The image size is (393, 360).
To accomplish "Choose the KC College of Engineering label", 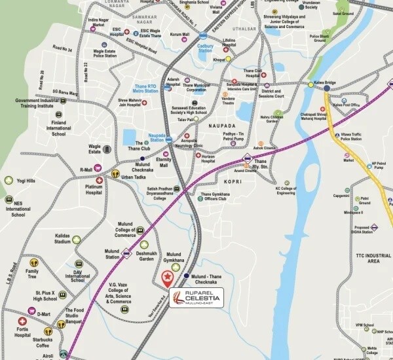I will tap(290, 190).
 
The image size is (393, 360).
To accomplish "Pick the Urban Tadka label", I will tap(132, 176).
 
